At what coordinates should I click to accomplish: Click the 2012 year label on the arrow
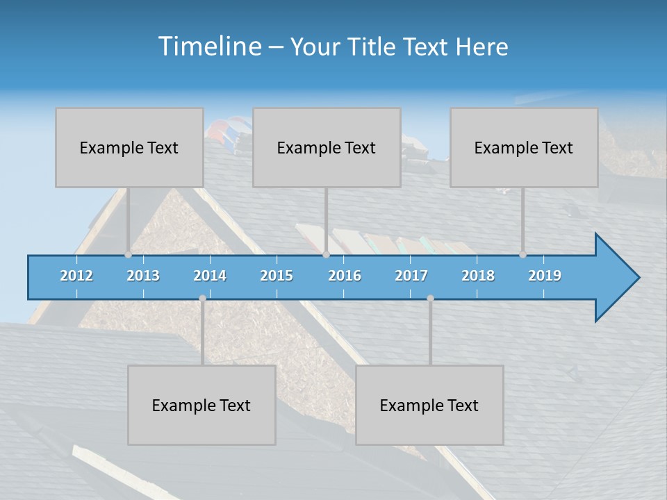(76, 276)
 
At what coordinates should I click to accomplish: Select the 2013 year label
(143, 276)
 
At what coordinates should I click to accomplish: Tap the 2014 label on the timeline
(210, 276)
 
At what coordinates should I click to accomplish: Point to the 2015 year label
(277, 276)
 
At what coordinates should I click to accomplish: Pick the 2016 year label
(345, 276)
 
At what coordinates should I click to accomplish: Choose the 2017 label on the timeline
(411, 276)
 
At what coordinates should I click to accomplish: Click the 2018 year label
(478, 276)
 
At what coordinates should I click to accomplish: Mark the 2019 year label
(545, 276)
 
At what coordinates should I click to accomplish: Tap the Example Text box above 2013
(129, 147)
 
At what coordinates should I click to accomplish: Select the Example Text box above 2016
(327, 147)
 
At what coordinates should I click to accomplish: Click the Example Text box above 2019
(524, 147)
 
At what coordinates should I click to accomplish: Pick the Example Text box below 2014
(201, 405)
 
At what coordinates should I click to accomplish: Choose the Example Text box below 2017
(429, 405)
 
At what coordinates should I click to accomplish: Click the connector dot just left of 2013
(129, 255)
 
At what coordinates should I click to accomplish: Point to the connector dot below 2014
(202, 298)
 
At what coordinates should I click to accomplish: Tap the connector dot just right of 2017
(430, 298)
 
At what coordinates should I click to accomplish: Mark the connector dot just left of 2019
(522, 255)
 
